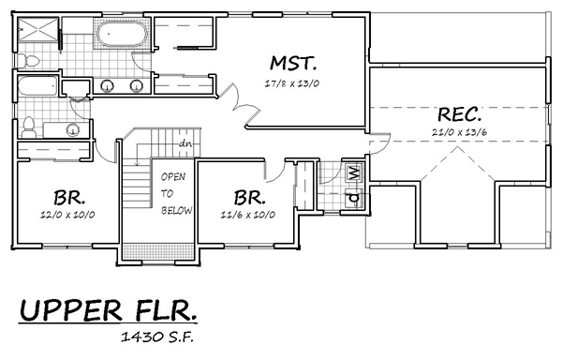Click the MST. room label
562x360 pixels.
pyautogui.click(x=293, y=63)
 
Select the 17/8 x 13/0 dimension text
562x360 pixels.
pyautogui.click(x=291, y=83)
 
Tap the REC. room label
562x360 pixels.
pyautogui.click(x=460, y=114)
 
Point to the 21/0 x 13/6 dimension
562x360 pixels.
pyautogui.click(x=459, y=132)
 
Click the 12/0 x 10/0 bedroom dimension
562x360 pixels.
pyautogui.click(x=67, y=215)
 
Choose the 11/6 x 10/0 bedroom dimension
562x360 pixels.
pyautogui.click(x=247, y=215)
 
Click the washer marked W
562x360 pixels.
pyautogui.click(x=354, y=172)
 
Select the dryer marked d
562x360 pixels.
pyautogui.click(x=354, y=198)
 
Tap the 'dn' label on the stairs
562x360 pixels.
pyautogui.click(x=185, y=143)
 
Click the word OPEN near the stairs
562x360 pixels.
pyautogui.click(x=173, y=176)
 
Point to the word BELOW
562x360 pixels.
pyautogui.click(x=176, y=211)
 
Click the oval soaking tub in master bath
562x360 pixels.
pyautogui.click(x=122, y=34)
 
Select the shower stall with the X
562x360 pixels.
pyautogui.click(x=38, y=28)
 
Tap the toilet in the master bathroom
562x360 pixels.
pyautogui.click(x=27, y=61)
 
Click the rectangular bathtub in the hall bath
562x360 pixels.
pyautogui.click(x=37, y=85)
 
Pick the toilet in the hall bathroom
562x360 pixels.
pyautogui.click(x=28, y=127)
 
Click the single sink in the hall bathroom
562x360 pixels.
pyautogui.click(x=73, y=129)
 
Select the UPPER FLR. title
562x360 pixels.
pyautogui.click(x=108, y=310)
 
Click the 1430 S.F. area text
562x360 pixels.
pyautogui.click(x=157, y=337)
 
